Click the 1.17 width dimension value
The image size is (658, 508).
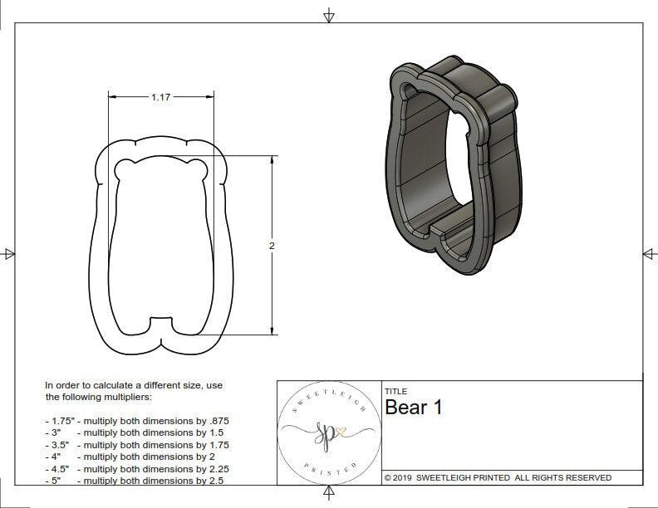tap(160, 97)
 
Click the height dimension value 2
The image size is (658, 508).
tap(272, 247)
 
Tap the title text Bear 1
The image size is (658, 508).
tap(413, 408)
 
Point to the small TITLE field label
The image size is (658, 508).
tap(395, 392)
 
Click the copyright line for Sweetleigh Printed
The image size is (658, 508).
tap(498, 477)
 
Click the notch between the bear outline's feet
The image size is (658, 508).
tap(160, 320)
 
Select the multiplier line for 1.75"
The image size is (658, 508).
tap(136, 421)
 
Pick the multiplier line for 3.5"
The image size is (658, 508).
tap(136, 445)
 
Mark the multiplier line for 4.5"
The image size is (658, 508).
tap(136, 468)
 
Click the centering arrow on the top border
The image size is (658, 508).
tap(329, 15)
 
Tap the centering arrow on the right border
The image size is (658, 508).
tap(649, 253)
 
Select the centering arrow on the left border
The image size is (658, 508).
tap(9, 253)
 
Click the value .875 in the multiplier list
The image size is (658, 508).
tap(217, 421)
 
